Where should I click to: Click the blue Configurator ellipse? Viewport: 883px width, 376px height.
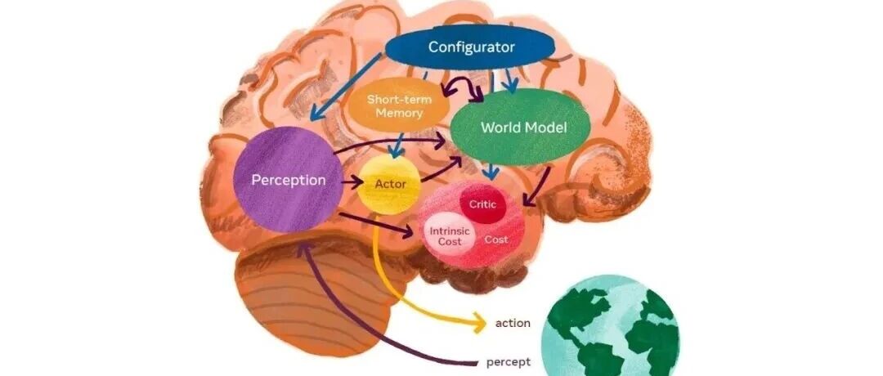tap(471, 47)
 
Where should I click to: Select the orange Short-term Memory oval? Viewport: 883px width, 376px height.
tap(398, 106)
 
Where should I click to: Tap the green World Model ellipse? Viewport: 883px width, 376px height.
tap(522, 128)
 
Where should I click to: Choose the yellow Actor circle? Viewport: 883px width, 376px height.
tap(390, 184)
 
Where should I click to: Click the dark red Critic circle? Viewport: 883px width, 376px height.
tap(483, 204)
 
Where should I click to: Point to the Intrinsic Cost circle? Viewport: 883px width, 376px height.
tap(450, 235)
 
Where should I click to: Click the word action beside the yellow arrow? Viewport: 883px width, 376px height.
tap(513, 323)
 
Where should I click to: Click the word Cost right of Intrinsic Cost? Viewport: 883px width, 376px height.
tap(496, 239)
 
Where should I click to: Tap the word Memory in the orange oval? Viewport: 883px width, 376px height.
tap(398, 114)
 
